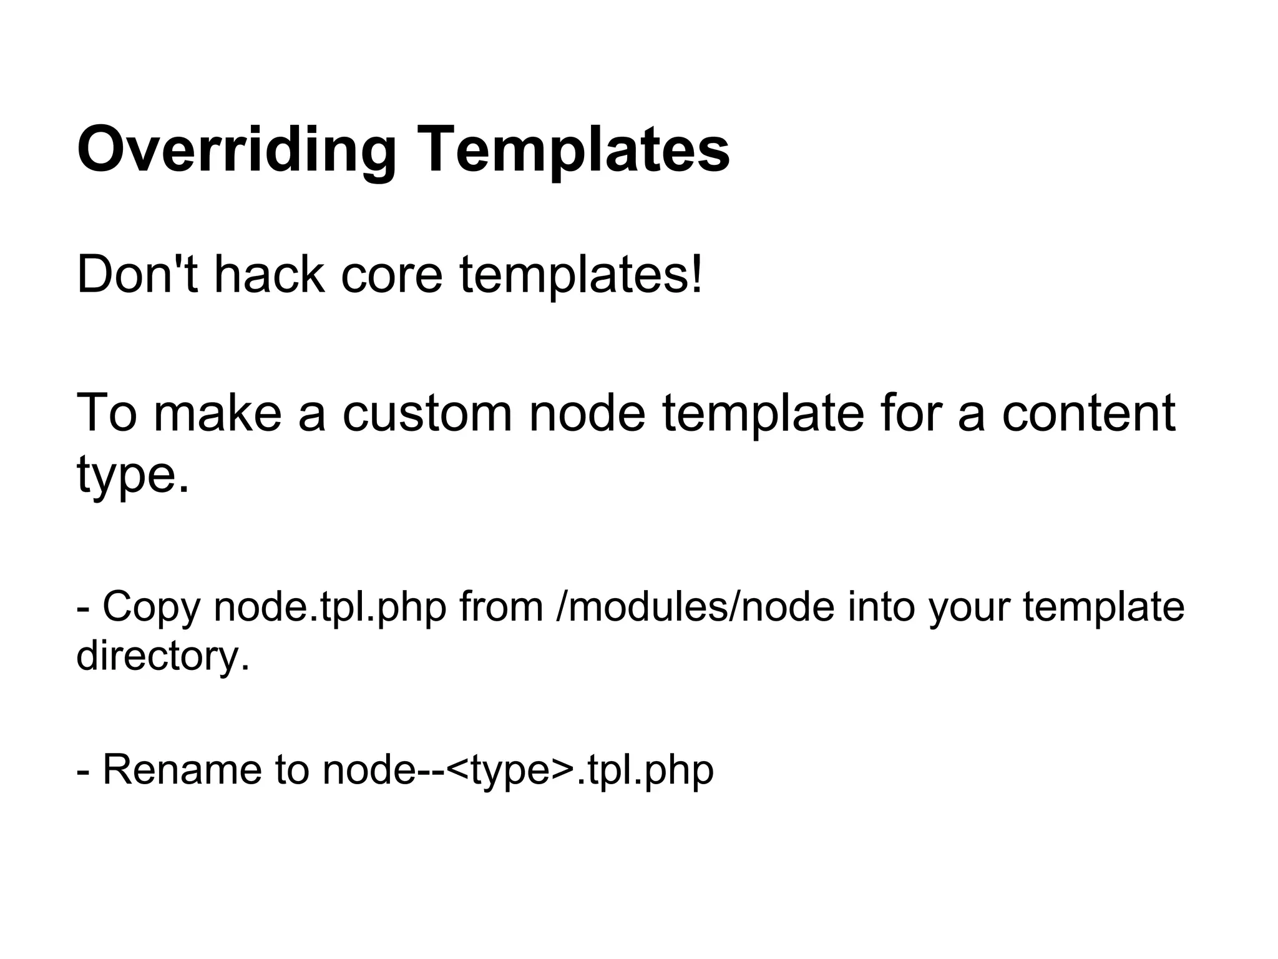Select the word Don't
(x=137, y=275)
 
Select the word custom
(x=427, y=413)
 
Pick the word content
(x=1088, y=413)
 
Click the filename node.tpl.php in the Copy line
(x=330, y=607)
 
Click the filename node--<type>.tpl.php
(x=518, y=770)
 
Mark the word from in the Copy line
(x=501, y=607)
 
